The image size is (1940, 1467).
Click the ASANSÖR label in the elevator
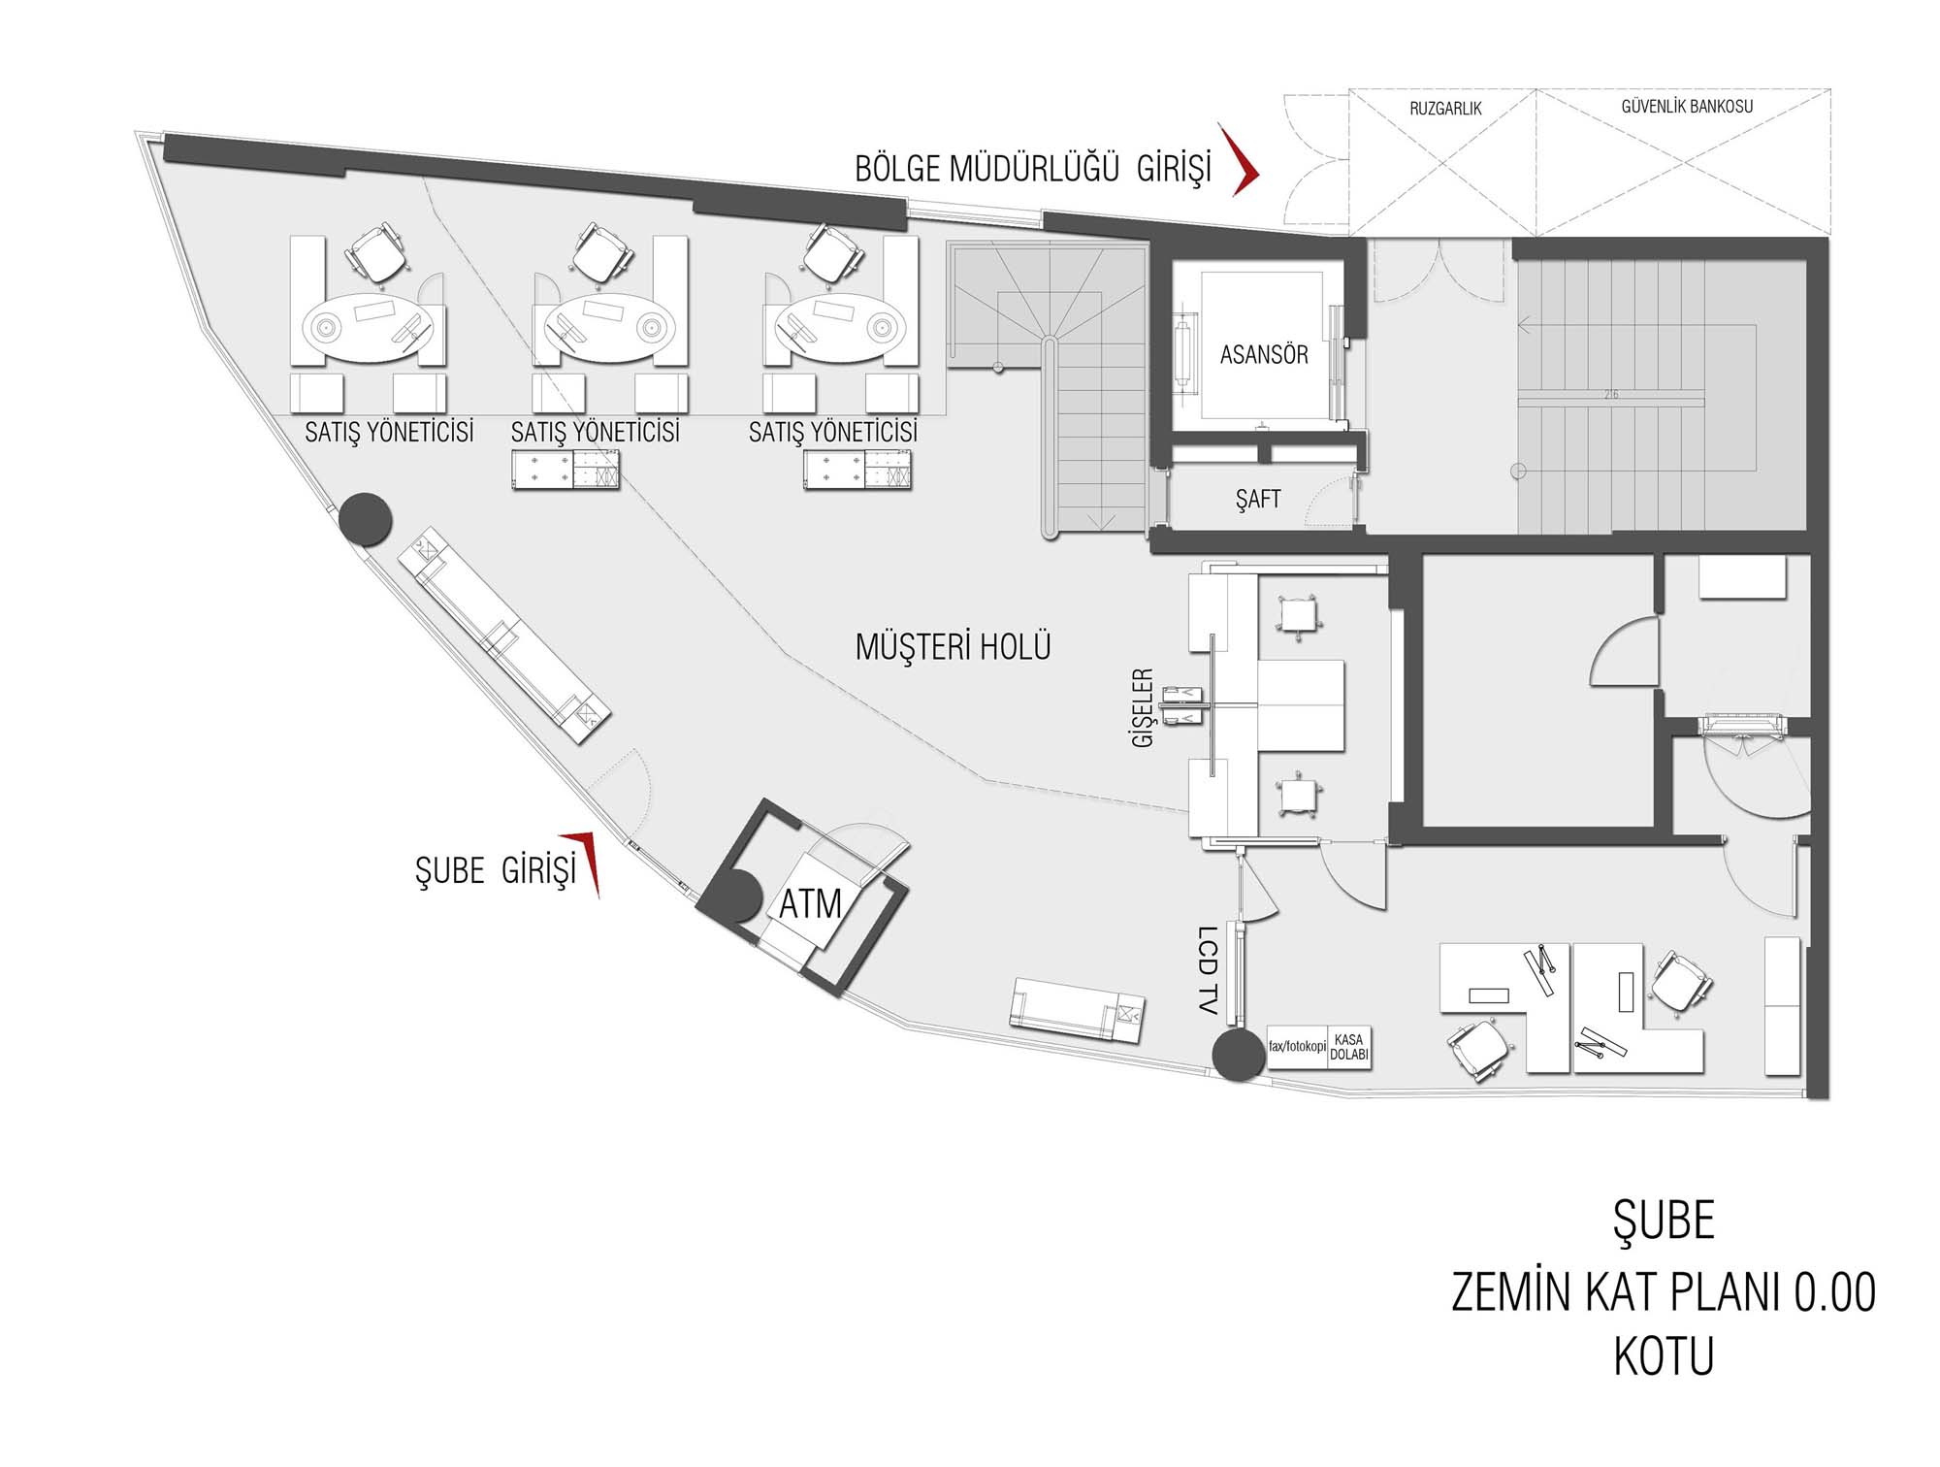[1264, 355]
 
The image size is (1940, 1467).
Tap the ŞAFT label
[1258, 499]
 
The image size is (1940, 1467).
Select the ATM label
[810, 904]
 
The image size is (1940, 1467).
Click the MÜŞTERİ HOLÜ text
[954, 646]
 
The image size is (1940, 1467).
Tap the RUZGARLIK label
[1445, 109]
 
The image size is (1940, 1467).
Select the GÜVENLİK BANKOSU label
[1687, 107]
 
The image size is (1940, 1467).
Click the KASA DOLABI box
[1349, 1047]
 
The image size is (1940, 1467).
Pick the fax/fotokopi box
[1298, 1047]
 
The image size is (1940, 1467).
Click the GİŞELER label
[1144, 707]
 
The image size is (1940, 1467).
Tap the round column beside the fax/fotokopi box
[1239, 1055]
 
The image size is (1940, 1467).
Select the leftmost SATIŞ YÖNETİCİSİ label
[389, 432]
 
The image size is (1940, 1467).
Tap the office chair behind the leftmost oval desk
[376, 252]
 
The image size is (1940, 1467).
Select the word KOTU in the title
[1664, 1356]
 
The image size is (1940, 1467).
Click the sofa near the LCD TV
[1077, 1010]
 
